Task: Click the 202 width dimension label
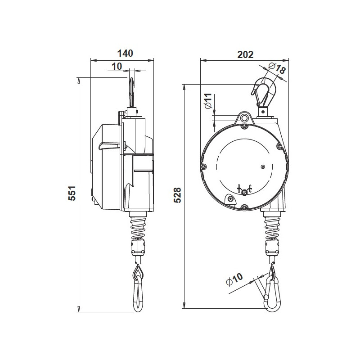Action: point(245,54)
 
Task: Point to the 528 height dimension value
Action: point(177,195)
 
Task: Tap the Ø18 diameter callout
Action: point(277,69)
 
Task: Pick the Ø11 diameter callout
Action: point(207,101)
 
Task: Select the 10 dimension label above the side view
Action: point(117,66)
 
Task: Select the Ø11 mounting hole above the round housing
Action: point(244,118)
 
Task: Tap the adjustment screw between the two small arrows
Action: point(244,193)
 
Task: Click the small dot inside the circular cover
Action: point(263,166)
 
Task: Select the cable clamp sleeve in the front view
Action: point(272,247)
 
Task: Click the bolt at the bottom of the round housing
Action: point(244,207)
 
